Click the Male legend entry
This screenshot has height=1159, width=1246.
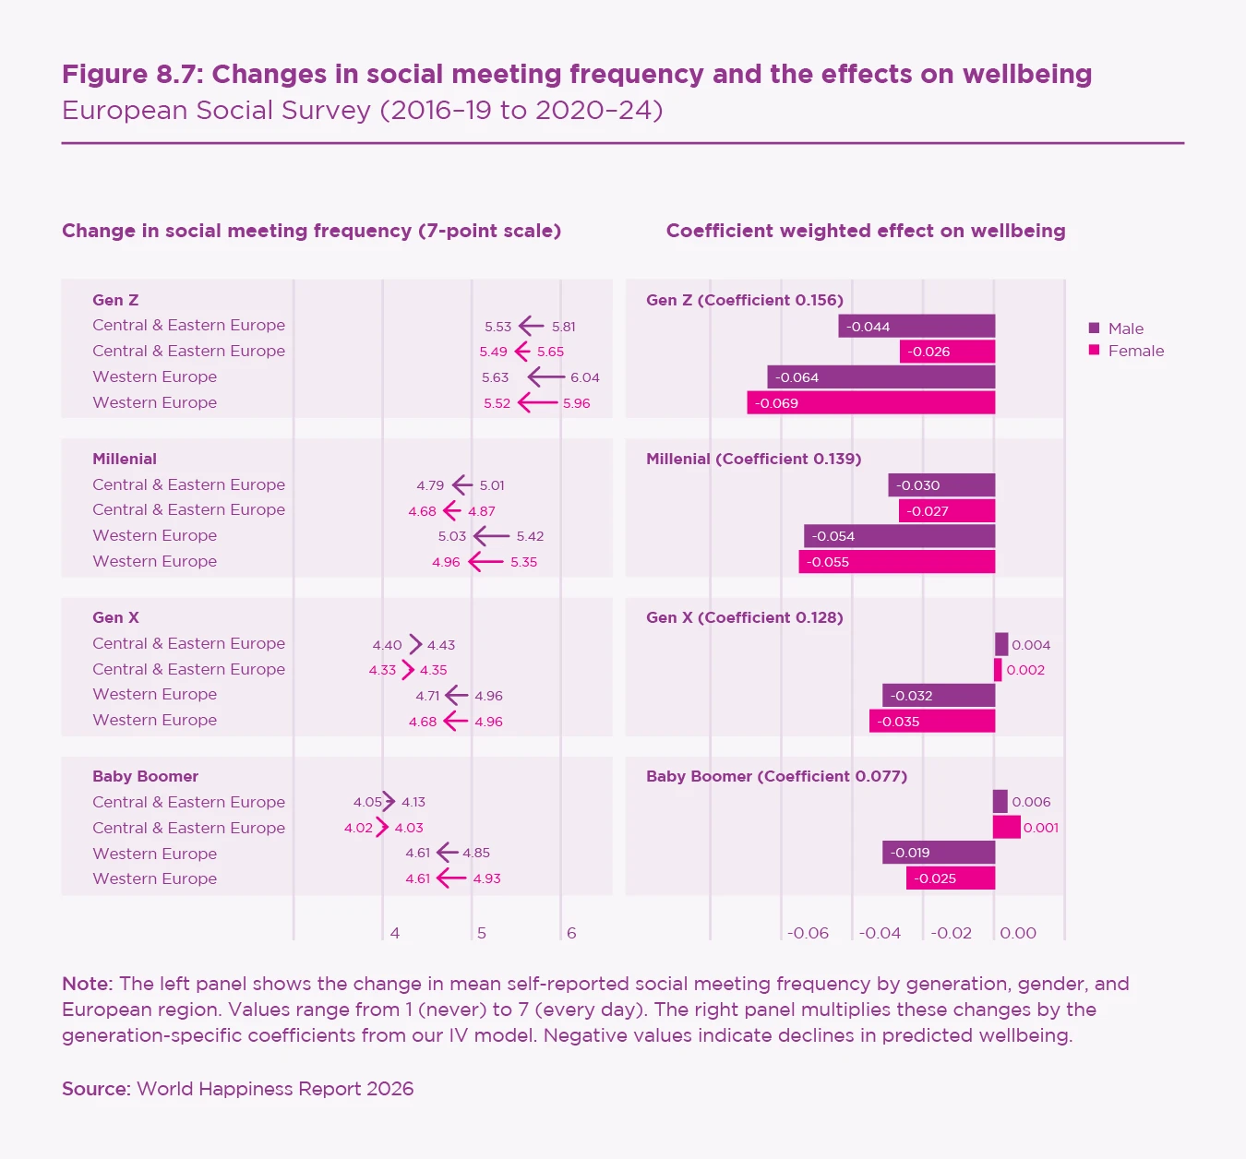point(1125,329)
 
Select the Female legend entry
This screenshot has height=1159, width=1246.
point(1135,351)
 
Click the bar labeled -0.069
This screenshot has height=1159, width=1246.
point(870,403)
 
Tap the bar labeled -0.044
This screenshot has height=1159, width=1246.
point(917,327)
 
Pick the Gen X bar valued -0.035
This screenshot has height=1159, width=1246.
point(932,722)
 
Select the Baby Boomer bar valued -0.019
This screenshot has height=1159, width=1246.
point(939,853)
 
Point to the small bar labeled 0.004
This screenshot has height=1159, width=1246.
point(1001,644)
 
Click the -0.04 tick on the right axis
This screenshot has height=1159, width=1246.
point(880,933)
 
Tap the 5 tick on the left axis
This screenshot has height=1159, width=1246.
point(482,933)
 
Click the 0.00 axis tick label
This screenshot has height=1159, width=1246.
point(1018,933)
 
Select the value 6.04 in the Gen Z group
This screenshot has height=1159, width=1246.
point(585,377)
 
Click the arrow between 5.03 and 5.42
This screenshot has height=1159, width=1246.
point(491,536)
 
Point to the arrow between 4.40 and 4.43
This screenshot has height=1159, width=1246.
point(415,644)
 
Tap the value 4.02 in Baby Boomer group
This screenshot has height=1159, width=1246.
point(358,828)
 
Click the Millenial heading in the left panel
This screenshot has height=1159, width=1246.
point(125,459)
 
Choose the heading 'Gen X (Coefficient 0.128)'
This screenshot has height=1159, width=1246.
point(745,617)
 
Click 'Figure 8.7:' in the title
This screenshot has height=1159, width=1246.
point(132,74)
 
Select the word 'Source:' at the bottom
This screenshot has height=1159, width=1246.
point(96,1089)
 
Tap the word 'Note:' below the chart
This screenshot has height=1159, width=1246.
point(87,984)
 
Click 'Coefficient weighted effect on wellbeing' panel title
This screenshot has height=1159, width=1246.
point(866,231)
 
